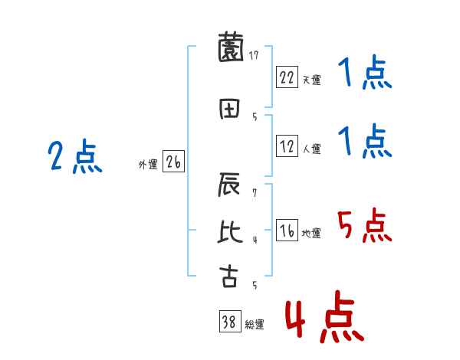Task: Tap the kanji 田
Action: tap(228, 108)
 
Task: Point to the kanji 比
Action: tap(228, 231)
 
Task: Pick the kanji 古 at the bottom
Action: tap(228, 276)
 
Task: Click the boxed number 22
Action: tap(287, 77)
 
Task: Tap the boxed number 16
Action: tap(287, 231)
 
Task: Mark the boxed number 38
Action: tap(229, 322)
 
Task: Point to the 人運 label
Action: tap(311, 147)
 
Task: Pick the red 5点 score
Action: tap(364, 226)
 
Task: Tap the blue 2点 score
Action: tap(74, 157)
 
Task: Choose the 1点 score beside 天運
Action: tap(364, 75)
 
